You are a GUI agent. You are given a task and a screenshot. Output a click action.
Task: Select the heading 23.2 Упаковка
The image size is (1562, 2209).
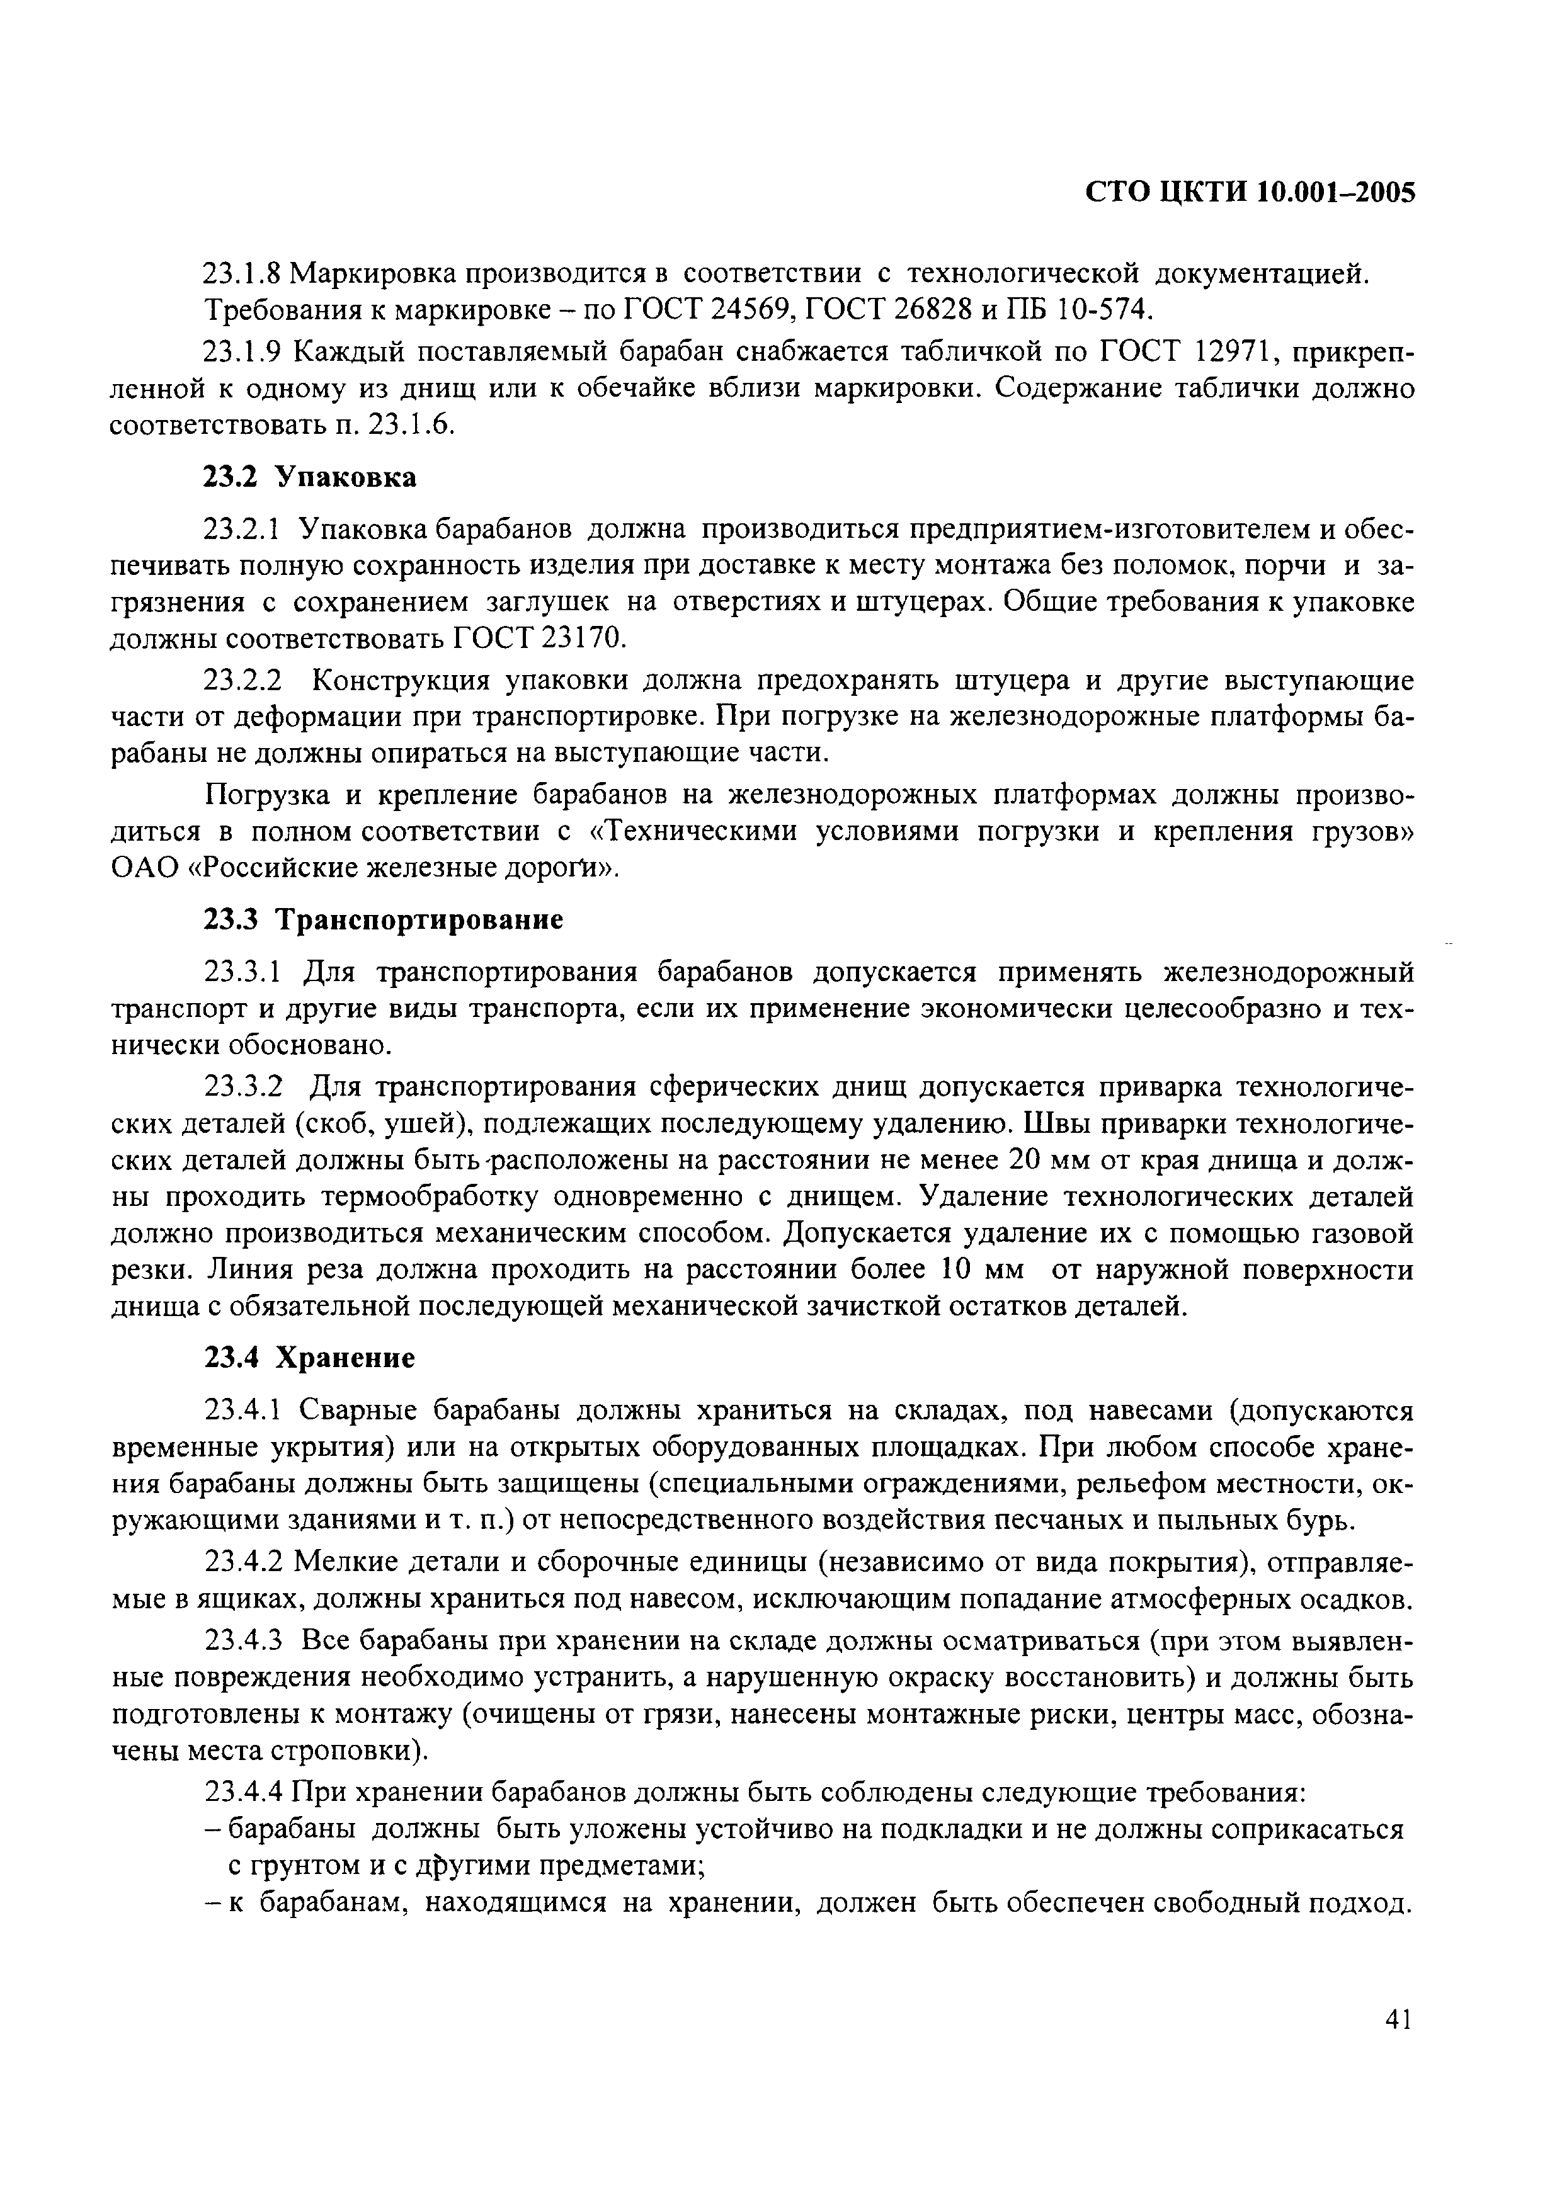pos(310,477)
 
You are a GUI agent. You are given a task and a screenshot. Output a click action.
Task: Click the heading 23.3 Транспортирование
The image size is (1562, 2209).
pos(383,920)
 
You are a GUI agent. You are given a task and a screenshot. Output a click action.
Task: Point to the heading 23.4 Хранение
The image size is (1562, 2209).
pos(310,1358)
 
